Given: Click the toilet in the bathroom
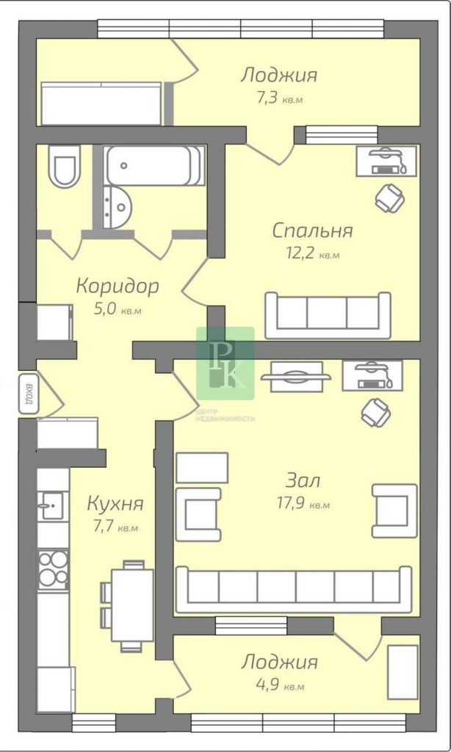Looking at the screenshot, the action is coord(63,166).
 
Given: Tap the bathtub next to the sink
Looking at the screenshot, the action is coord(154,165).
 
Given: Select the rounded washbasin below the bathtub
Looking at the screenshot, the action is coord(115,206).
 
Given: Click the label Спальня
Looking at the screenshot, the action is coord(312,231).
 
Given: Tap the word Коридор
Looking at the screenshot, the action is coord(118,286).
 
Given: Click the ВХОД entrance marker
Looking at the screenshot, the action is coord(29,394).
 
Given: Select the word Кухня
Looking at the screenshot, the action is coord(115,504).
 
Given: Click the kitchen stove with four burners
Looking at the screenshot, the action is coord(53,569).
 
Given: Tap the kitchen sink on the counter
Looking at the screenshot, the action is coord(53,505).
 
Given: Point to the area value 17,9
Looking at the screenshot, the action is coord(290,504).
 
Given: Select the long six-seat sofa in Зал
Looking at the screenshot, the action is coord(294,590).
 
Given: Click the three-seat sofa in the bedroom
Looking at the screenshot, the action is coord(328,315).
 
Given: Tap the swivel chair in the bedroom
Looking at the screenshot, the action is coord(389,197).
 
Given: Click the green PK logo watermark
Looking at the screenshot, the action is coord(225,363).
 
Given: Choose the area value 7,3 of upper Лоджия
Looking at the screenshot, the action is coord(267,99).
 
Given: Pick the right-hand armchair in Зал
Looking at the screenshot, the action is coord(394,510).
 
